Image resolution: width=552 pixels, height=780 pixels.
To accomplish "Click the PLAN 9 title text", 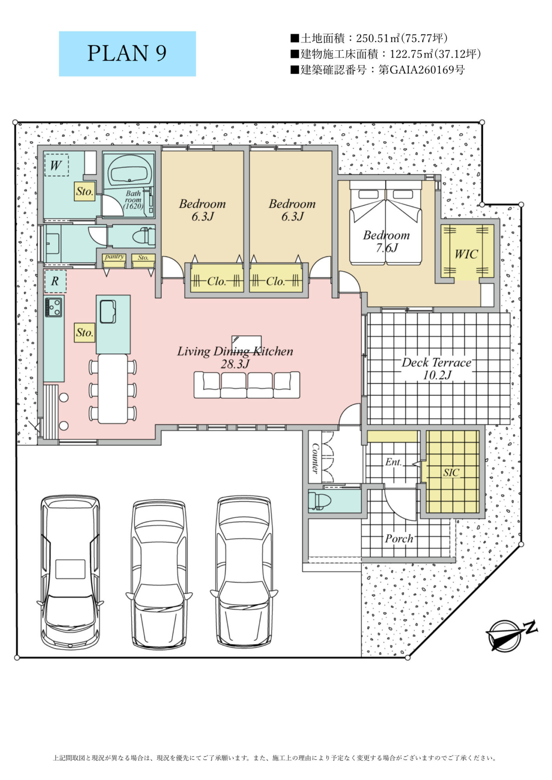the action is [x=127, y=53].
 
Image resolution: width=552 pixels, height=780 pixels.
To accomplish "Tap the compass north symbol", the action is [x=511, y=635].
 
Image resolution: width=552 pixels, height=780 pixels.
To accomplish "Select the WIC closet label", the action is [x=466, y=254].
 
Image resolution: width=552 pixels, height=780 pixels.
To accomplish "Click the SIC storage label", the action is [x=451, y=473].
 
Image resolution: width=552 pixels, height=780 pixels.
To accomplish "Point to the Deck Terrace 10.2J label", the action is [x=437, y=369].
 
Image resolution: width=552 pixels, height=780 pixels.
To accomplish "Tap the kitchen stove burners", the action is [x=53, y=307].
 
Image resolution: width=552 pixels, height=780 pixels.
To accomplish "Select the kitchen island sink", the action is [x=108, y=312].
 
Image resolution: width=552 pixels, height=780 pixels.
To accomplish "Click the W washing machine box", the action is [x=57, y=165].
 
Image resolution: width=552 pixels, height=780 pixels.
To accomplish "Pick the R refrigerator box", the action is [x=55, y=281].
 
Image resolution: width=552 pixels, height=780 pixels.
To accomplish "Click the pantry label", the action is [x=114, y=257].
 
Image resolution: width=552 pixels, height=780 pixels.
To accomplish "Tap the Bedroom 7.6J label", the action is [x=386, y=241].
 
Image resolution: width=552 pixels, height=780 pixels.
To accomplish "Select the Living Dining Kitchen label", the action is [x=235, y=357].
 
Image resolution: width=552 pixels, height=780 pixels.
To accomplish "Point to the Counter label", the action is [x=315, y=458].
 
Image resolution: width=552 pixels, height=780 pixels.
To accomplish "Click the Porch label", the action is [x=399, y=539].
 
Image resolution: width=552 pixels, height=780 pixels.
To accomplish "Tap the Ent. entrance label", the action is [x=393, y=462].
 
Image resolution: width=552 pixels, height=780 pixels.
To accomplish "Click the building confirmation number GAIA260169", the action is [x=421, y=70].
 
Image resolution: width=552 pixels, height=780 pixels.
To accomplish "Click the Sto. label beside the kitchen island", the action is [x=85, y=333].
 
